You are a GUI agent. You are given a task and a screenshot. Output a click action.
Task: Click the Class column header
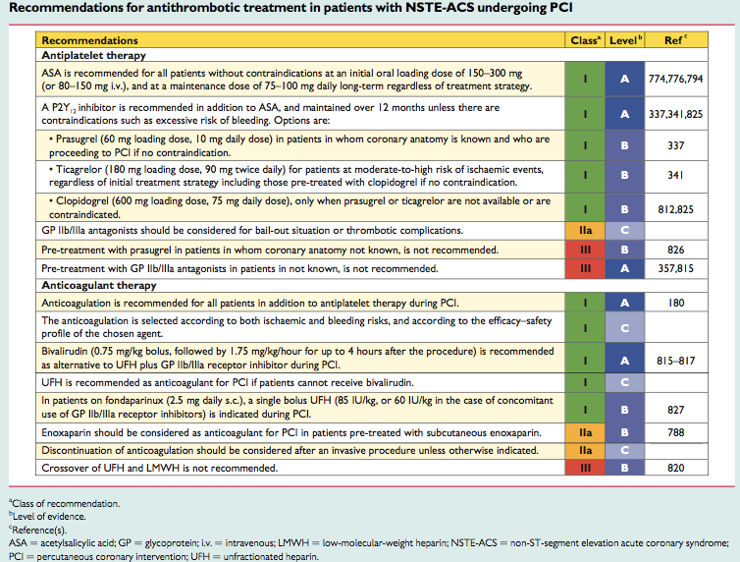coord(585,40)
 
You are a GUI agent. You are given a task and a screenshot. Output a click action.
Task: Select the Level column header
coord(625,40)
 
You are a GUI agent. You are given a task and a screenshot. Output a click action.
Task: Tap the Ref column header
coord(676,40)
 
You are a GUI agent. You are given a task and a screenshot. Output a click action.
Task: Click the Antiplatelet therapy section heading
coord(93,55)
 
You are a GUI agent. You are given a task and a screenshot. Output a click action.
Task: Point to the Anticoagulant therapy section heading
coord(99,285)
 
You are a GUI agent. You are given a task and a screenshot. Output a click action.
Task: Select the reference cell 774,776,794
coord(676,79)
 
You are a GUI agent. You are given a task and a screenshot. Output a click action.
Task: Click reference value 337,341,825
coord(676,114)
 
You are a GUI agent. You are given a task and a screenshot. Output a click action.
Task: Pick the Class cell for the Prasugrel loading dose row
coord(585,145)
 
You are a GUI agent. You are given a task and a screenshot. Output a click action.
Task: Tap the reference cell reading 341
coord(676,175)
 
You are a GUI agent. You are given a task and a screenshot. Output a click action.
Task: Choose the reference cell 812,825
coord(676,209)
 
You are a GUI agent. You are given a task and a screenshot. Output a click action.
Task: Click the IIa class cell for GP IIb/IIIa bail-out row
coord(585,231)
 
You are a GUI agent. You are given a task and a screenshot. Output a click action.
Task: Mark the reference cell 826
coord(676,250)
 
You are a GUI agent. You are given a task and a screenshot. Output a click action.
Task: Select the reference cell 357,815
coord(676,269)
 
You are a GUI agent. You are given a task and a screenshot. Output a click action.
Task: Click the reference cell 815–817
coord(676,361)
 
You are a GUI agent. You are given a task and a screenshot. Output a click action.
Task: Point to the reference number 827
coord(676,410)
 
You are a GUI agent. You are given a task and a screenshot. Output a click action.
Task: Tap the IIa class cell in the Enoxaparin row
coord(585,432)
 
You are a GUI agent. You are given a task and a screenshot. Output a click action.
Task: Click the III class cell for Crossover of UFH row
coord(585,468)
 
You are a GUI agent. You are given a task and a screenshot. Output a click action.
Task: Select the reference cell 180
coord(676,303)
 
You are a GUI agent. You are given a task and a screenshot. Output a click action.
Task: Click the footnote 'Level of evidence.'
coord(47,516)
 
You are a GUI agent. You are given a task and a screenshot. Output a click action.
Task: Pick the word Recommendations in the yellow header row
coord(89,40)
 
